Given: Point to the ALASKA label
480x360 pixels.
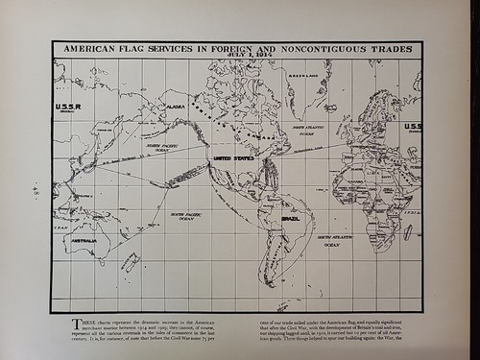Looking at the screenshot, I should [x=176, y=108].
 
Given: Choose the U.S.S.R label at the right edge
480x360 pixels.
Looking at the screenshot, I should [x=412, y=127].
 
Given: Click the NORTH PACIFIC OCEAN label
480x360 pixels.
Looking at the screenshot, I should [x=165, y=147].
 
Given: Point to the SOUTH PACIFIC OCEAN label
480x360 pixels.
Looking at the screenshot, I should [x=182, y=216].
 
